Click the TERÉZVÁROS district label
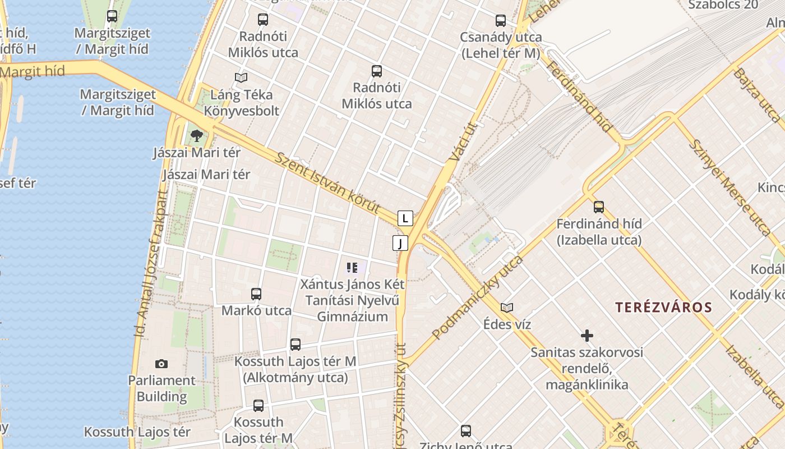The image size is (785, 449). [663, 308]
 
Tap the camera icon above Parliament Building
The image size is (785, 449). [161, 364]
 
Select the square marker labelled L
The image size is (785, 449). [405, 218]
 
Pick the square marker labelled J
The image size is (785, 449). [400, 243]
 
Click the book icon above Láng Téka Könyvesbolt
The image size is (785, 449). [241, 77]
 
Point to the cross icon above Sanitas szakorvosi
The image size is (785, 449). [587, 336]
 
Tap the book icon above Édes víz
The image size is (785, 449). [507, 308]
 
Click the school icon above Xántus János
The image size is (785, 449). [352, 268]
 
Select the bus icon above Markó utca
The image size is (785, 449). [256, 294]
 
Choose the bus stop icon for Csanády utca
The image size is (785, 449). [501, 21]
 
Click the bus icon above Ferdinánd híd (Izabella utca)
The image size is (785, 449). [599, 207]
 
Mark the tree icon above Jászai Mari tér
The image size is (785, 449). [196, 135]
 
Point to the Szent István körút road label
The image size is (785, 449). [328, 183]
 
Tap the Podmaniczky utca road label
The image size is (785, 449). [478, 297]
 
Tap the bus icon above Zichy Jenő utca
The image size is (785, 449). [466, 431]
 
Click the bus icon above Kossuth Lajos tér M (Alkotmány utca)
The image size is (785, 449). [295, 345]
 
